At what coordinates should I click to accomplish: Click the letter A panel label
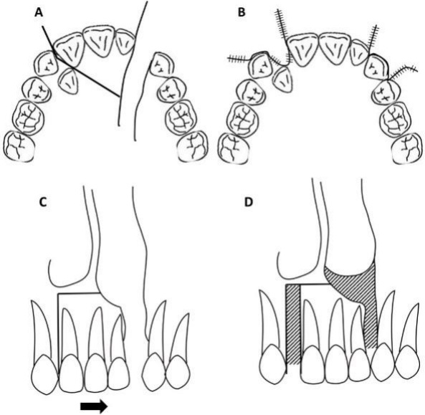39,13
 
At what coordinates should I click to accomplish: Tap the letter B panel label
242,13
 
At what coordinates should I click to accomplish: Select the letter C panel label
44,202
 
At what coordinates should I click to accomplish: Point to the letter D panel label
248,202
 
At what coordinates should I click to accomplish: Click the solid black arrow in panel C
95,406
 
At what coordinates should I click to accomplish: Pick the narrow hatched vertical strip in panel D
294,324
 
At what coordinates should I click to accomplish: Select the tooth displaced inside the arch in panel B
284,79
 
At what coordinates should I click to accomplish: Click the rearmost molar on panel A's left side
19,146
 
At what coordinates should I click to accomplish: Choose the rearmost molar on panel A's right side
193,147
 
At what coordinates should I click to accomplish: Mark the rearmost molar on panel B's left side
234,148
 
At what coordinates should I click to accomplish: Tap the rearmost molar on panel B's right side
409,148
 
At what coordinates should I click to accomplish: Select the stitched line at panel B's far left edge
239,59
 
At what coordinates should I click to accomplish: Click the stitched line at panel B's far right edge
403,71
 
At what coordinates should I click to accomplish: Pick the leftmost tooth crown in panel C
45,375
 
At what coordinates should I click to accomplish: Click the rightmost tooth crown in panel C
178,373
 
